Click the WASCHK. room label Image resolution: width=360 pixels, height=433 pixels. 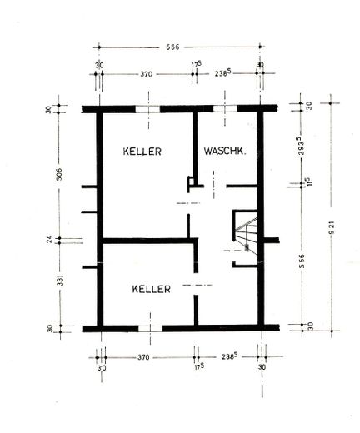click(x=225, y=152)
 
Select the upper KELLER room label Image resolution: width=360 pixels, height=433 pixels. click(x=142, y=152)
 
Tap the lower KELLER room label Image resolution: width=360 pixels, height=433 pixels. click(x=151, y=289)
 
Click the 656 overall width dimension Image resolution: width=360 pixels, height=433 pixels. click(x=172, y=47)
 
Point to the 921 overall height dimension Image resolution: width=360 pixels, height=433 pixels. click(x=332, y=227)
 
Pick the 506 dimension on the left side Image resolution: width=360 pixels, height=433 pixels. click(x=59, y=174)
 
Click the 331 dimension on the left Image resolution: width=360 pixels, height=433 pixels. click(x=61, y=281)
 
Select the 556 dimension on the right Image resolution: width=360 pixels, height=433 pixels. click(x=302, y=261)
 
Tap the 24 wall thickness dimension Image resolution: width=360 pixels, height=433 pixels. click(x=49, y=239)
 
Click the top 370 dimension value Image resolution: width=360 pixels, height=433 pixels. click(x=146, y=74)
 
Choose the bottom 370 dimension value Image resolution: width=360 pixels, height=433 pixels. click(x=143, y=357)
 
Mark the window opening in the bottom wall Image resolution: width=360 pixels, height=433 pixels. click(x=150, y=329)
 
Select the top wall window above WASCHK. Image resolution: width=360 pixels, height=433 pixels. click(x=225, y=108)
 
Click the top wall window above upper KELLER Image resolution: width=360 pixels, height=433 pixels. click(x=147, y=109)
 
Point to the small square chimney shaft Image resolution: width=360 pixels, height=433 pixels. click(x=191, y=182)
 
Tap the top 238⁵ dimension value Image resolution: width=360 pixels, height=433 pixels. click(x=223, y=73)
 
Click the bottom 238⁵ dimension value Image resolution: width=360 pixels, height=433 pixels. click(x=229, y=356)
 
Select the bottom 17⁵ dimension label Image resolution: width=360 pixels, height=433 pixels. click(x=199, y=367)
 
